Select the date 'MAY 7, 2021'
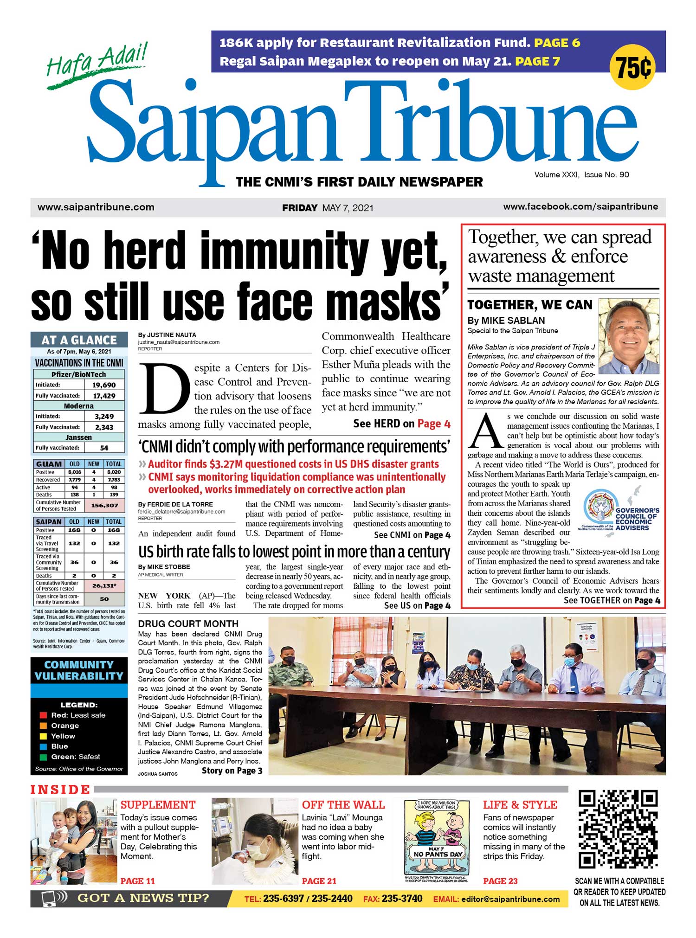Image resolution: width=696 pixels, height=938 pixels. pos(348,208)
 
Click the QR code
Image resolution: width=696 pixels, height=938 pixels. pos(619,830)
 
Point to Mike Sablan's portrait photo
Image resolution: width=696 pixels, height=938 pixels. pos(629,336)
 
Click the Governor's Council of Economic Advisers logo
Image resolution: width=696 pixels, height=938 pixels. pos(621,512)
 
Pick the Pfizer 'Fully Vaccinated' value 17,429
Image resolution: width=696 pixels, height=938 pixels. pos(104,396)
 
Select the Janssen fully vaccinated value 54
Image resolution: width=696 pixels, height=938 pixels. pos(104,448)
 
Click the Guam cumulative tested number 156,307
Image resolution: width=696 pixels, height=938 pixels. pos(104,505)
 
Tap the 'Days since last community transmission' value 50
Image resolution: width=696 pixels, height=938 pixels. pos(104,599)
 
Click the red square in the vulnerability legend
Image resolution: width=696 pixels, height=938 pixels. pos(43,715)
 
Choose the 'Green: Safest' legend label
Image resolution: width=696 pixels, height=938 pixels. pos(76,757)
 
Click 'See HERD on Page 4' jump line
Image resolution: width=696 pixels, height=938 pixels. pos(401,424)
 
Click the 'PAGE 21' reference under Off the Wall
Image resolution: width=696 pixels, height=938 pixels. pos(319,881)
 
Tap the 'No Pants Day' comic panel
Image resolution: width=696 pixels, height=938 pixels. pos(436,840)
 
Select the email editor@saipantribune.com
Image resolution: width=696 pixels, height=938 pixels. pos(510,899)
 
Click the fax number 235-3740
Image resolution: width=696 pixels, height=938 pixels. pos(402,899)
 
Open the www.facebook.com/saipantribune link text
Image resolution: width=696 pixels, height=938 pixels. pos(580,207)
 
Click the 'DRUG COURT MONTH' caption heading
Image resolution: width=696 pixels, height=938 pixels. pos(188,624)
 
